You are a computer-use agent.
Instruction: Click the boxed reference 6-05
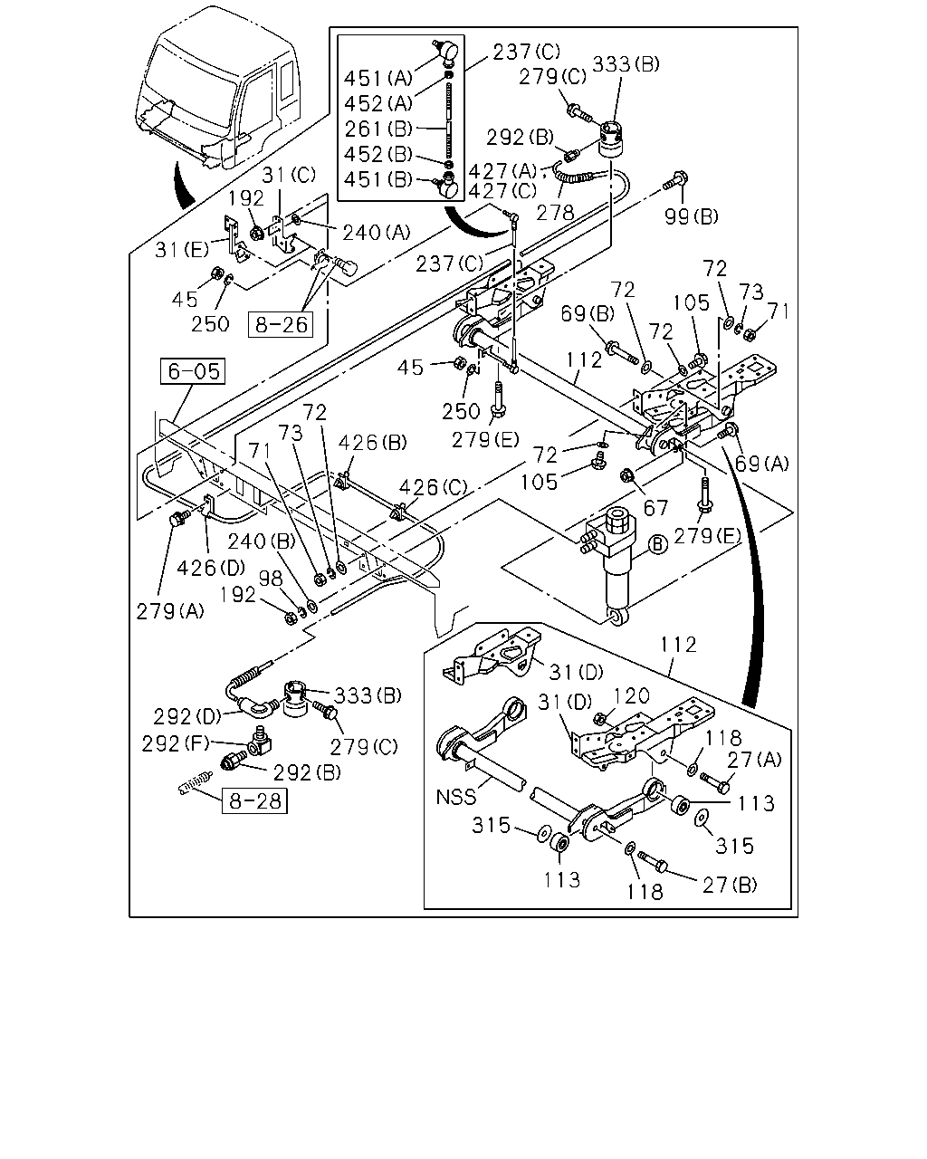[x=192, y=371]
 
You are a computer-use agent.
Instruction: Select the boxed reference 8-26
[x=280, y=325]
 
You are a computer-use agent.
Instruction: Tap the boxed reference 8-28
[x=254, y=800]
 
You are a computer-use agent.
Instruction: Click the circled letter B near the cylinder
[x=657, y=544]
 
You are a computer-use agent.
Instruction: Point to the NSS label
[x=455, y=797]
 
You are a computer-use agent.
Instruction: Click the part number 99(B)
[x=691, y=217]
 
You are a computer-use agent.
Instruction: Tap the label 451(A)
[x=378, y=79]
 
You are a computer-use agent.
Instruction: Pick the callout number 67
[x=655, y=508]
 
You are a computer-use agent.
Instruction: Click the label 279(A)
[x=170, y=611]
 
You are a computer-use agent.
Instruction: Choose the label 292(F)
[x=175, y=744]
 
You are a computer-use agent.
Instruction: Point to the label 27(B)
[x=730, y=885]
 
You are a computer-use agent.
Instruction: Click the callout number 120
[x=631, y=696]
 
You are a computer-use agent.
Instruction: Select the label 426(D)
[x=211, y=568]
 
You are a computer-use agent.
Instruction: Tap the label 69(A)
[x=761, y=464]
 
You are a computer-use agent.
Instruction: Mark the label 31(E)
[x=182, y=250]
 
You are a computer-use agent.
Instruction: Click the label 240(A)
[x=376, y=233]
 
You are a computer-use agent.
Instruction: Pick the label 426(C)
[x=433, y=488]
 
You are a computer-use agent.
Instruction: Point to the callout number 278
[x=555, y=214]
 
